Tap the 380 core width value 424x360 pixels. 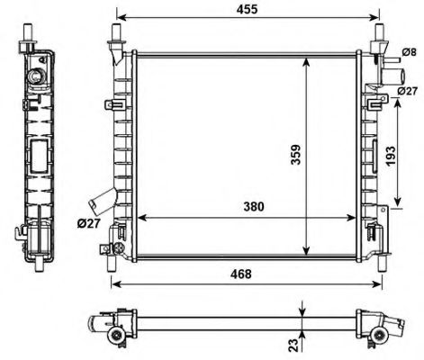tap(253, 207)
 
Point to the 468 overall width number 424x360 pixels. tap(240, 274)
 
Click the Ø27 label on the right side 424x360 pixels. tap(407, 92)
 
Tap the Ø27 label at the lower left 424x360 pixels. tap(87, 223)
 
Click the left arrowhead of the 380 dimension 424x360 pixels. tap(140, 219)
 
